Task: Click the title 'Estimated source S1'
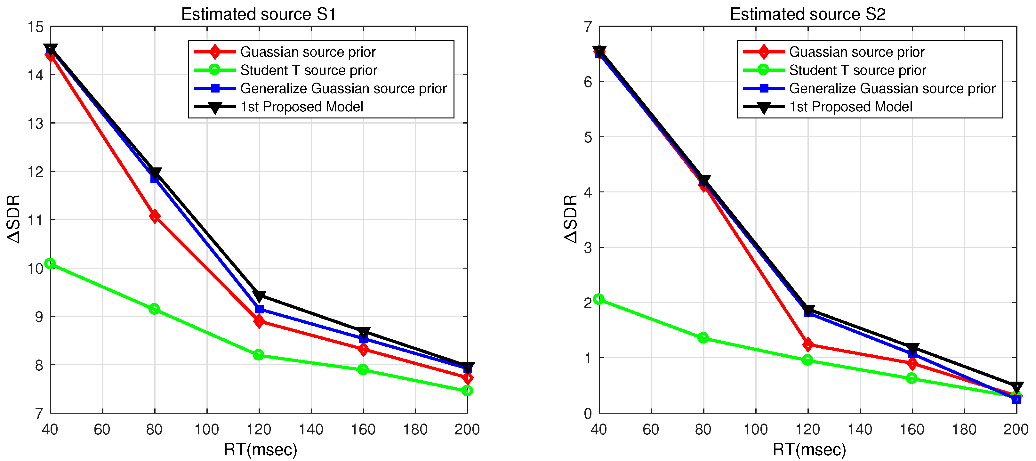(x=258, y=14)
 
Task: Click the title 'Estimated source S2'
(x=807, y=14)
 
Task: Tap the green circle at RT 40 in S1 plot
(x=50, y=263)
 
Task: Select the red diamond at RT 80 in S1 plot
(x=155, y=216)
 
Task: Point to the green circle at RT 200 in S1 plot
(x=467, y=391)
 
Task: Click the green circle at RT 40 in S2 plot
(x=599, y=299)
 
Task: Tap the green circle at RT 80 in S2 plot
(x=703, y=337)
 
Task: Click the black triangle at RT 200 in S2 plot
(x=1016, y=387)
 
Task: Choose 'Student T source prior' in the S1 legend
(x=309, y=70)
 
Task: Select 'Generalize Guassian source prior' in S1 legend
(x=343, y=88)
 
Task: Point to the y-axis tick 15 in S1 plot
(x=36, y=27)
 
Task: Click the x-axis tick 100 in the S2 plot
(x=755, y=429)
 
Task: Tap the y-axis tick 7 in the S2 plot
(x=588, y=27)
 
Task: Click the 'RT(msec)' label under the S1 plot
(x=260, y=449)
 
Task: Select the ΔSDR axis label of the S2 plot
(x=571, y=219)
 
